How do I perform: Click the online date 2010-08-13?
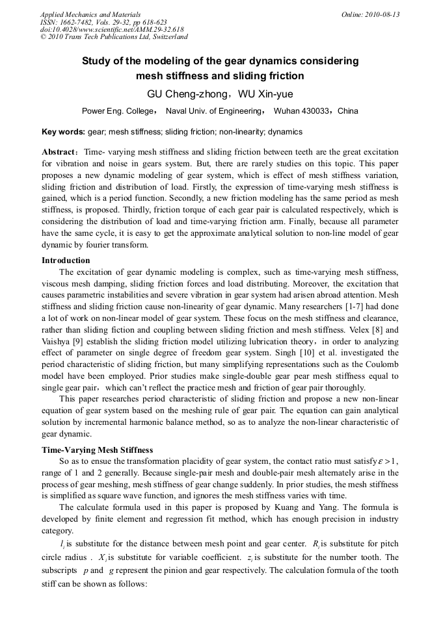(x=381, y=14)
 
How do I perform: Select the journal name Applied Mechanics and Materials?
(x=90, y=14)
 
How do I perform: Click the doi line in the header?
(x=111, y=30)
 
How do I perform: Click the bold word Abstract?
(x=60, y=152)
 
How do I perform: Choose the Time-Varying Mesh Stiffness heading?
(x=97, y=449)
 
